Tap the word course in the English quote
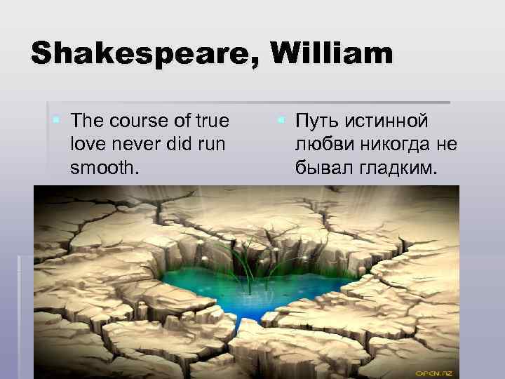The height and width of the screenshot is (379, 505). click(x=140, y=121)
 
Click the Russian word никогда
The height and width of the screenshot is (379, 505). click(x=395, y=145)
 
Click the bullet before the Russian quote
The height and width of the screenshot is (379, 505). click(x=280, y=121)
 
